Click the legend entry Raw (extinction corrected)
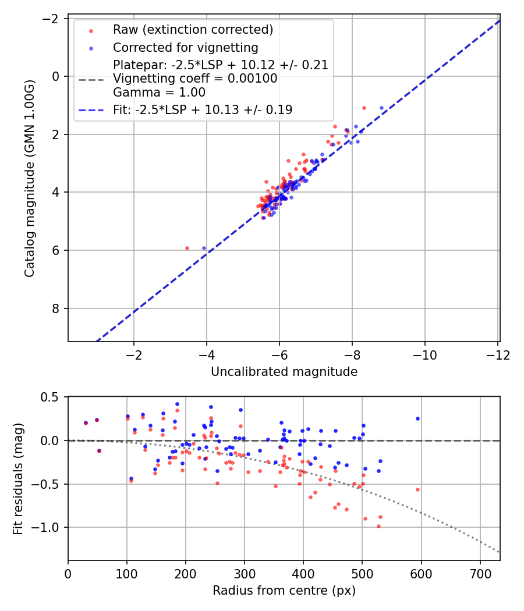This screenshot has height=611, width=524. (x=193, y=30)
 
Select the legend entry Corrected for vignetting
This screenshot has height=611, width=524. (x=185, y=47)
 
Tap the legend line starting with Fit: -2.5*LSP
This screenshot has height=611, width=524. (x=203, y=109)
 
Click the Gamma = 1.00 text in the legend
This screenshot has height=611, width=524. (x=159, y=92)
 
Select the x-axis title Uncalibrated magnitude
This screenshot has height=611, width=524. (x=284, y=371)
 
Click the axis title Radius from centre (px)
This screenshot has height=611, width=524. (x=284, y=591)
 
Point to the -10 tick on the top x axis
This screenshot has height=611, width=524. (x=424, y=354)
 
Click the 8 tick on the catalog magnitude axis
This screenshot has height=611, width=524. (x=56, y=308)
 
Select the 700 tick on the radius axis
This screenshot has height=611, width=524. (x=480, y=574)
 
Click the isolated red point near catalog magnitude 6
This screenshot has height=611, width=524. (x=187, y=248)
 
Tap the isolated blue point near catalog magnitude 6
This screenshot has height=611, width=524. (x=204, y=248)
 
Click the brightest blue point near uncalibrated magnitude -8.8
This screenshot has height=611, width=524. (x=382, y=108)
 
